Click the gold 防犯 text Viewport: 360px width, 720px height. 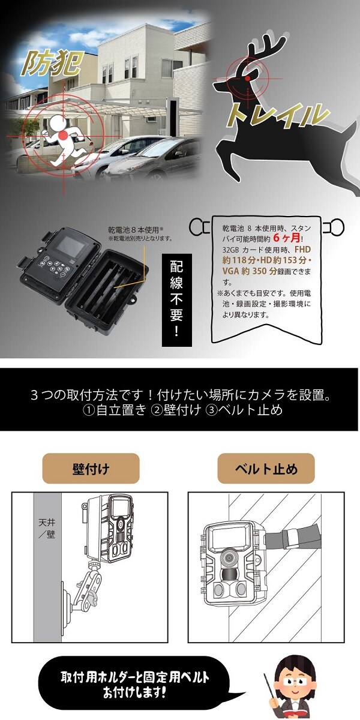click(x=50, y=64)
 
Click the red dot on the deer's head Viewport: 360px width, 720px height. click(x=247, y=78)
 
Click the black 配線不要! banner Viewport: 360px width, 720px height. click(x=176, y=300)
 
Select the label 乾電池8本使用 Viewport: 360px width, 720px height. click(x=134, y=230)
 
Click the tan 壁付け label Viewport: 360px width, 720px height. click(x=91, y=469)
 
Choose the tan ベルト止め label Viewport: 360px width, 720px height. click(x=266, y=469)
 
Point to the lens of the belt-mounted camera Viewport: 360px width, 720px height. click(x=229, y=556)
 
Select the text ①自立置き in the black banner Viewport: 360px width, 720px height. click(x=115, y=410)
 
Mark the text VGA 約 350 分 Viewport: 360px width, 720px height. click(x=250, y=271)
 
